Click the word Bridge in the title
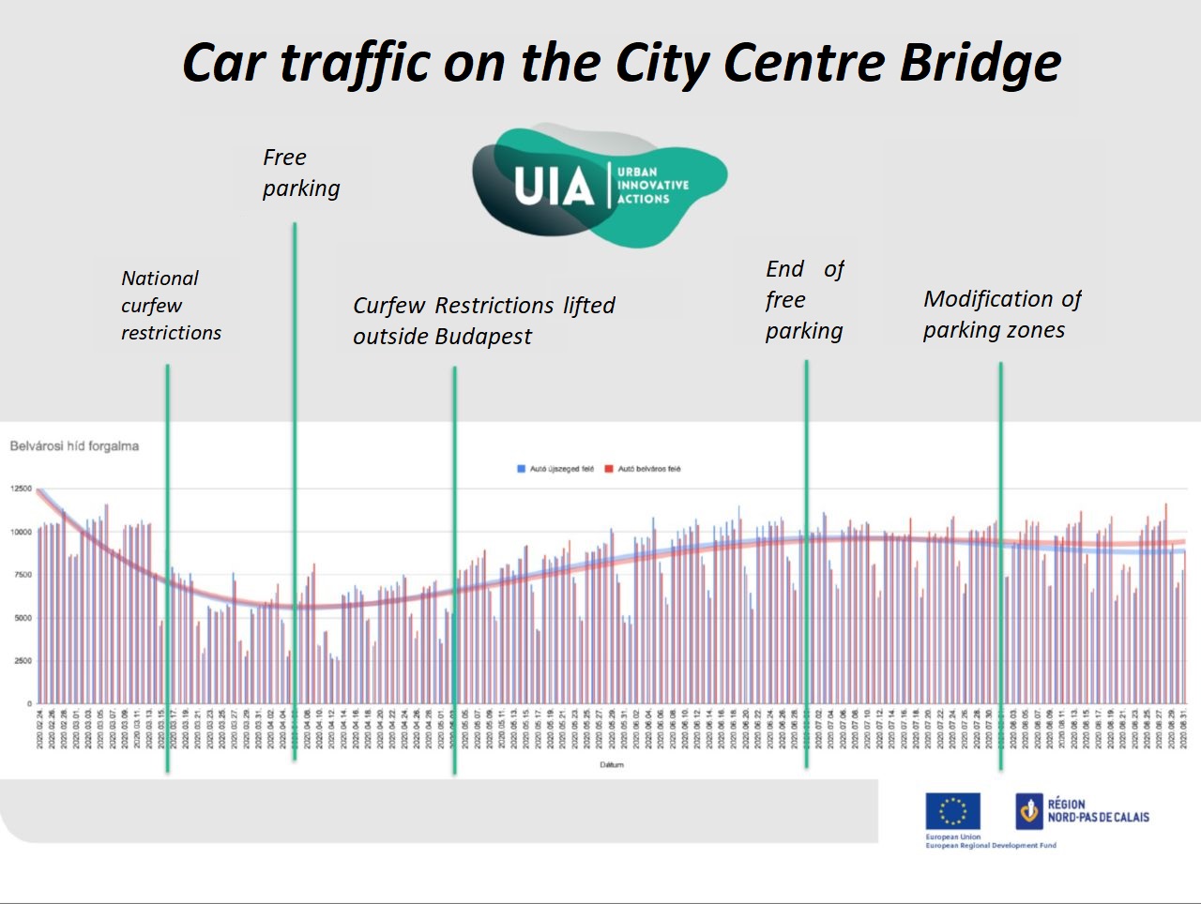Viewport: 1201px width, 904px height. pyautogui.click(x=981, y=63)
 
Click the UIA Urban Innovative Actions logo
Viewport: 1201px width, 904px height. pyautogui.click(x=599, y=186)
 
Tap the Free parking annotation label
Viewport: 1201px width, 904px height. pyautogui.click(x=300, y=173)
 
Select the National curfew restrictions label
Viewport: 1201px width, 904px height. pyautogui.click(x=170, y=305)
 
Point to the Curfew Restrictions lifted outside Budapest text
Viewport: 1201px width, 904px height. pyautogui.click(x=483, y=321)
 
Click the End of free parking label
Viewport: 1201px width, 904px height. pyautogui.click(x=804, y=300)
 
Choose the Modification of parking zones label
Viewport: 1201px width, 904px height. pyautogui.click(x=1001, y=314)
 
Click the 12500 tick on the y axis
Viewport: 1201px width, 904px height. pyautogui.click(x=21, y=489)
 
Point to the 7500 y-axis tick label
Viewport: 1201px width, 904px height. pyautogui.click(x=23, y=575)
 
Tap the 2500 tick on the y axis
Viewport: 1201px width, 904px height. pyautogui.click(x=23, y=661)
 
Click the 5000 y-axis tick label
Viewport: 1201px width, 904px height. pyautogui.click(x=23, y=618)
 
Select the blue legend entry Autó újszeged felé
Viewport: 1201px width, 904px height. pyautogui.click(x=555, y=469)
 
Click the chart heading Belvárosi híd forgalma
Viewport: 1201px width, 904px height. pyautogui.click(x=74, y=446)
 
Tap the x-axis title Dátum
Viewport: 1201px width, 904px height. pyautogui.click(x=612, y=764)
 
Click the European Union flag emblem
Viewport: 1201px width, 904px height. pyautogui.click(x=952, y=811)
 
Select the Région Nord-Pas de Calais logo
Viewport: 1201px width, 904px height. pyautogui.click(x=1083, y=811)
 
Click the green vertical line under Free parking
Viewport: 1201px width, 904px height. pyautogui.click(x=295, y=469)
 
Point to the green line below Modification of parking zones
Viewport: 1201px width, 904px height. pyautogui.click(x=1000, y=563)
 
